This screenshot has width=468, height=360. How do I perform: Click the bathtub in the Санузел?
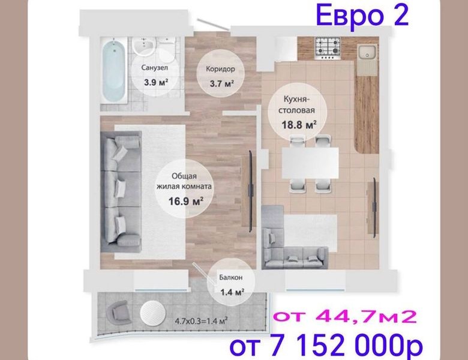pyautogui.click(x=113, y=71)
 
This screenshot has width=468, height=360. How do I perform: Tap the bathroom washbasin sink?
pyautogui.click(x=144, y=46)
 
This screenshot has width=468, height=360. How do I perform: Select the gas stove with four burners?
pyautogui.click(x=328, y=48)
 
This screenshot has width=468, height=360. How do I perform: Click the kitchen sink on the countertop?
pyautogui.click(x=367, y=55)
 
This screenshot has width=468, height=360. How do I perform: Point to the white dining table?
pyautogui.click(x=310, y=163)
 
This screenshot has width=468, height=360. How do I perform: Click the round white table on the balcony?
pyautogui.click(x=152, y=313)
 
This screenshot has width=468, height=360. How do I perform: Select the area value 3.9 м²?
pyautogui.click(x=156, y=82)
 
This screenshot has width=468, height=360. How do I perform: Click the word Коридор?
pyautogui.click(x=220, y=69)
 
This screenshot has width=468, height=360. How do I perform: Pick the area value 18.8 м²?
pyautogui.click(x=299, y=124)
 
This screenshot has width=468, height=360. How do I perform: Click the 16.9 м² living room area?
pyautogui.click(x=185, y=201)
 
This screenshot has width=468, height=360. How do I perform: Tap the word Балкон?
pyautogui.click(x=231, y=277)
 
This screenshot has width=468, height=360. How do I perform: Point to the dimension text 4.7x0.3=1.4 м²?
pyautogui.click(x=201, y=321)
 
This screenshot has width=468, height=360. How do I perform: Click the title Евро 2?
pyautogui.click(x=362, y=16)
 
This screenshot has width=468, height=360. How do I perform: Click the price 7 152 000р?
pyautogui.click(x=346, y=346)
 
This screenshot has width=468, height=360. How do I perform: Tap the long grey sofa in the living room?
pyautogui.click(x=121, y=191)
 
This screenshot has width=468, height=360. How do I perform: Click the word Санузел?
pyautogui.click(x=155, y=68)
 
